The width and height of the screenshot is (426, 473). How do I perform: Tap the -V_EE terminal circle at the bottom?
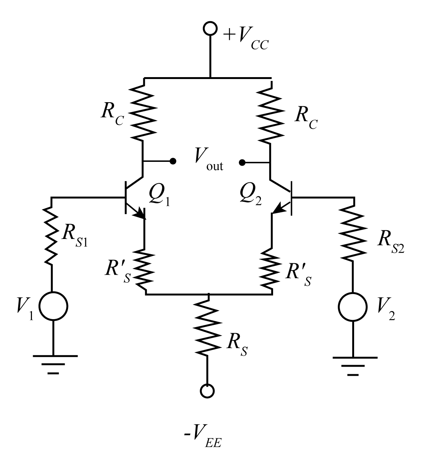point(208,391)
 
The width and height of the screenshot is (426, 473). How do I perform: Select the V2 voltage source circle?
point(353,306)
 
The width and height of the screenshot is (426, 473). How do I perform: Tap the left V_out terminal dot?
point(173,161)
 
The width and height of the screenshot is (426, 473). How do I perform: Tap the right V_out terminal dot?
point(242,163)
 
